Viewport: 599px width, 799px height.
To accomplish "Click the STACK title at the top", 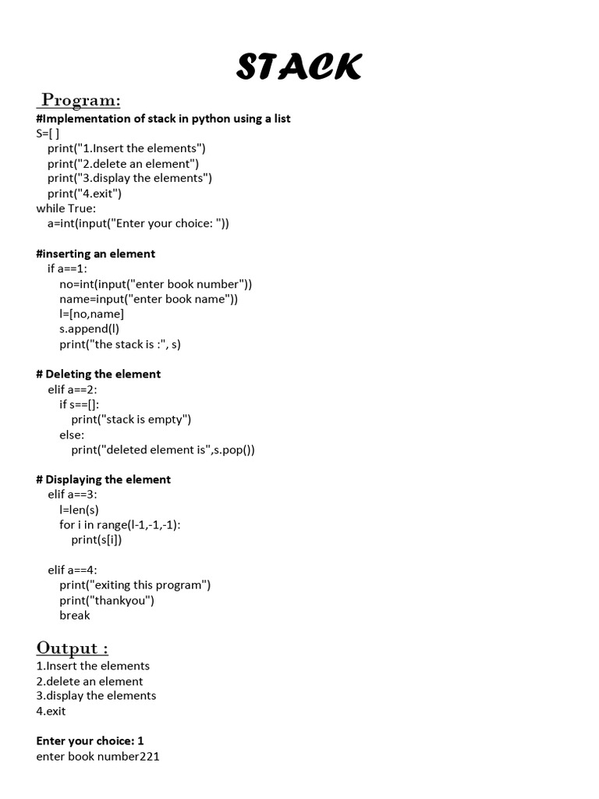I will [299, 68].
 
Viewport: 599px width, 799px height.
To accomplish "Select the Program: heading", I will [81, 100].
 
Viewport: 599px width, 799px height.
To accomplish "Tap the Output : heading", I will [73, 648].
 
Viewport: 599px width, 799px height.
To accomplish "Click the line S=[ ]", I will [48, 133].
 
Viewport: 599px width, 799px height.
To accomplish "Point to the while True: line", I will [66, 208].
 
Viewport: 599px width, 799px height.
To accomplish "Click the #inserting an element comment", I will [95, 254].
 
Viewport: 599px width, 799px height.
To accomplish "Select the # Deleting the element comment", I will [98, 374].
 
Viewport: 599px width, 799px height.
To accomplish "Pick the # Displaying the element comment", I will [103, 479].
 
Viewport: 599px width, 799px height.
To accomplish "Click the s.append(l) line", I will [89, 328].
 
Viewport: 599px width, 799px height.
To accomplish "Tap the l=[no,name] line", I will [91, 314].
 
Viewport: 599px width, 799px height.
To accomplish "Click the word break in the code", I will [75, 615].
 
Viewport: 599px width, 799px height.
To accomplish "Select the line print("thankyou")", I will [107, 600].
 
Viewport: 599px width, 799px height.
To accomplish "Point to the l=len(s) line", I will [79, 510].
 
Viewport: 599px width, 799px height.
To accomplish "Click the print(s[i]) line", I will [97, 539].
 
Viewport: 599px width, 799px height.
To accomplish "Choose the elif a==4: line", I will [73, 570].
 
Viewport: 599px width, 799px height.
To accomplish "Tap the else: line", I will [72, 435].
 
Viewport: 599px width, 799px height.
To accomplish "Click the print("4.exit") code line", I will [84, 194].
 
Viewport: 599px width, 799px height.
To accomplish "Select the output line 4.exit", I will [51, 711].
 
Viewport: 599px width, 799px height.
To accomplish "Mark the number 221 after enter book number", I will [150, 756].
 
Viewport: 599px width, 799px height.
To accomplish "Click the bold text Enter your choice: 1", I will [90, 740].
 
